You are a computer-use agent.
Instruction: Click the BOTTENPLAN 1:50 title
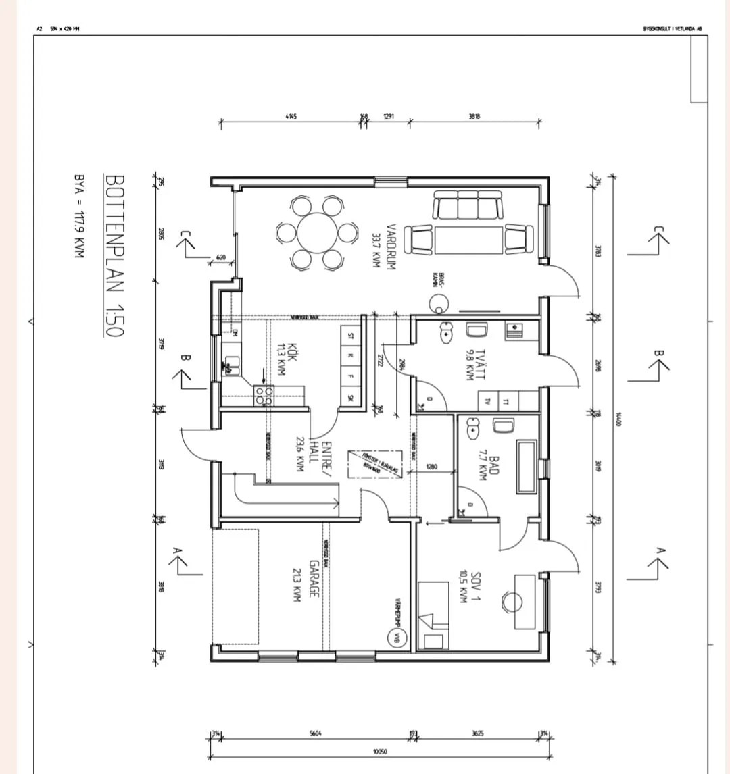click(x=116, y=256)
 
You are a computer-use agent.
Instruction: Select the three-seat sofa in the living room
click(x=468, y=205)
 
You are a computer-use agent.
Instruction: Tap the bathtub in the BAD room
click(x=526, y=467)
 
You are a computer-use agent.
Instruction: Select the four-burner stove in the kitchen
click(x=264, y=396)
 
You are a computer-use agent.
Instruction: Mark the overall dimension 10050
click(x=380, y=751)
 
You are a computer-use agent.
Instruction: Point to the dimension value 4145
click(x=291, y=116)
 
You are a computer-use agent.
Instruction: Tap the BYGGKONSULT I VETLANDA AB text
click(x=672, y=28)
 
